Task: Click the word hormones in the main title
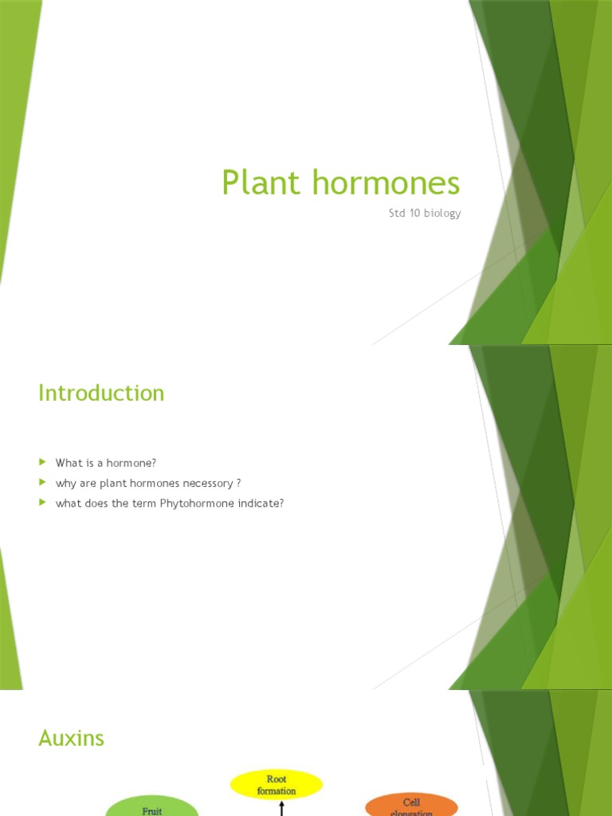coord(386,183)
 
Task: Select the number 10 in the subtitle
coord(411,214)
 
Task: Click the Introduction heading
coord(101,393)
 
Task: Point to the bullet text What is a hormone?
coord(105,462)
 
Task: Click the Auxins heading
coord(71,739)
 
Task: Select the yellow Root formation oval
coord(277,784)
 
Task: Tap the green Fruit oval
coord(151,806)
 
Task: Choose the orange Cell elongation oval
coord(411,806)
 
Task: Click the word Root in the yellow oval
coord(277,779)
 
